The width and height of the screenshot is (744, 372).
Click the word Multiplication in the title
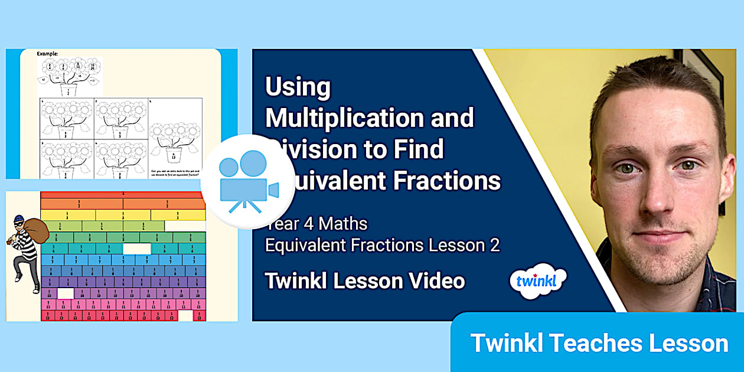347,119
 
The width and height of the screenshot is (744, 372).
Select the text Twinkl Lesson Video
365,281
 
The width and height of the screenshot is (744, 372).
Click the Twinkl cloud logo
537,280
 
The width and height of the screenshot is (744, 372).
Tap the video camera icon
248,181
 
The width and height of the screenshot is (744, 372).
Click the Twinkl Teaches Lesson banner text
599,343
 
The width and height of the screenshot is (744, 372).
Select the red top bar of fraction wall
123,194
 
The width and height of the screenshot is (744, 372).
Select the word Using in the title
298,87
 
